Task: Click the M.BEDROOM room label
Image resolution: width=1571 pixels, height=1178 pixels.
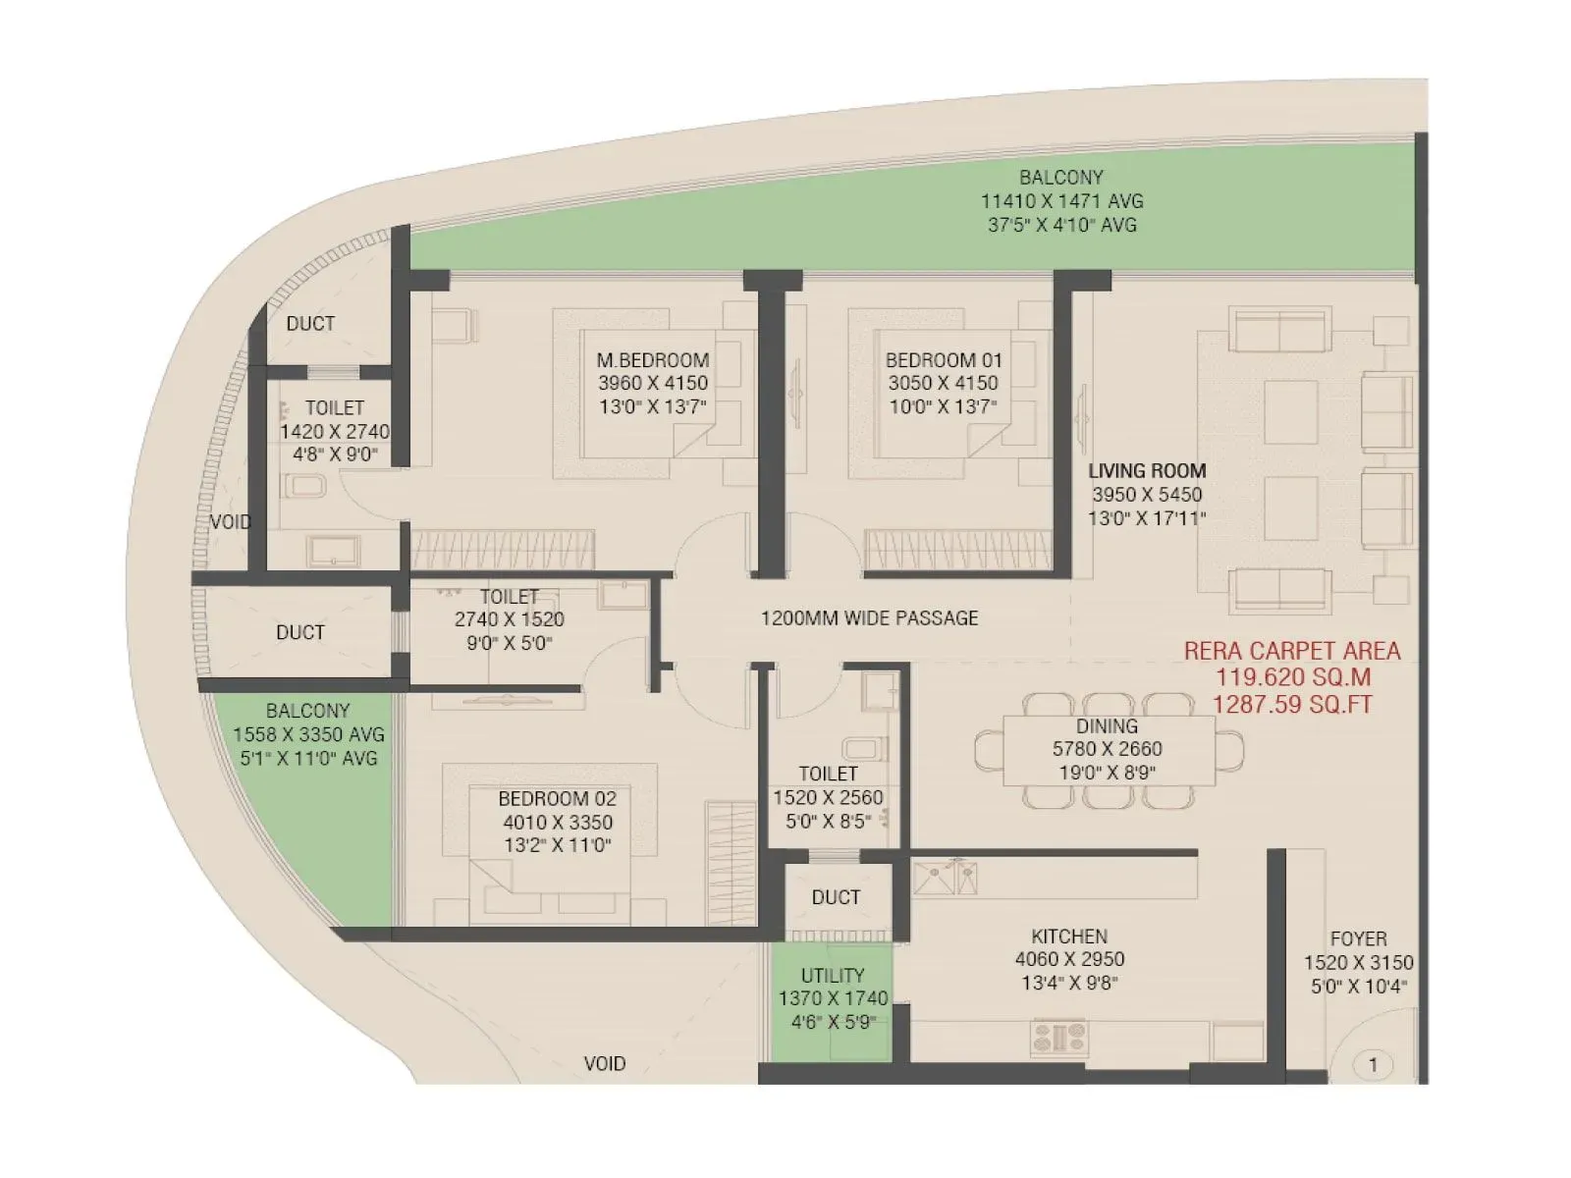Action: (x=653, y=360)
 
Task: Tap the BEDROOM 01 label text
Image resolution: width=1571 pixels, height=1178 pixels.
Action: (x=943, y=360)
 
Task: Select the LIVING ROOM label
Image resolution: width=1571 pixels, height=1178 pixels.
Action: (x=1147, y=471)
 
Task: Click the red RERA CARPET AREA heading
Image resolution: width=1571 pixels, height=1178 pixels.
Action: (x=1291, y=651)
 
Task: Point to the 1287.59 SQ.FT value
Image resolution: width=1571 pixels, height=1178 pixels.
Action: (x=1291, y=704)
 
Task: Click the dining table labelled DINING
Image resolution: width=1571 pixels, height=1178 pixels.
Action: (x=1108, y=750)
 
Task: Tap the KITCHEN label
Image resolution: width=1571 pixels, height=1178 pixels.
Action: (x=1069, y=937)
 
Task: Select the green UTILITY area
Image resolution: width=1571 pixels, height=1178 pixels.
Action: (x=831, y=1001)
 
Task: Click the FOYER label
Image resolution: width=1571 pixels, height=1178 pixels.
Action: (x=1358, y=939)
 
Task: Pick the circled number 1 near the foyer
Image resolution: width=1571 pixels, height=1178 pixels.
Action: (x=1372, y=1064)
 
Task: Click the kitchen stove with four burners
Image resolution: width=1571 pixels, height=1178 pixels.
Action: (x=1059, y=1038)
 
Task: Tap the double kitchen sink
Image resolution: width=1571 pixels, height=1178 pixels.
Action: (x=946, y=877)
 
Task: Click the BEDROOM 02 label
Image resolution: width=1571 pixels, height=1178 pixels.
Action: (x=557, y=799)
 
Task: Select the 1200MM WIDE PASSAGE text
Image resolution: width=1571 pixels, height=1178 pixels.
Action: (x=869, y=618)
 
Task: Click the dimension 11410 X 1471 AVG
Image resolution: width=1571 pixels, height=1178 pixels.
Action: (x=1061, y=201)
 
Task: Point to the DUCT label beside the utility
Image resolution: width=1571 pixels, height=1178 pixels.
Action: (x=836, y=897)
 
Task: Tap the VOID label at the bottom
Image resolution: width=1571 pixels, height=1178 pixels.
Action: (x=604, y=1063)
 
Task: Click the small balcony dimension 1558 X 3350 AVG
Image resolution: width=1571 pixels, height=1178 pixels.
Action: (x=308, y=734)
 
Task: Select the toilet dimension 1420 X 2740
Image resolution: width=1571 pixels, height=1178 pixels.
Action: (x=334, y=432)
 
